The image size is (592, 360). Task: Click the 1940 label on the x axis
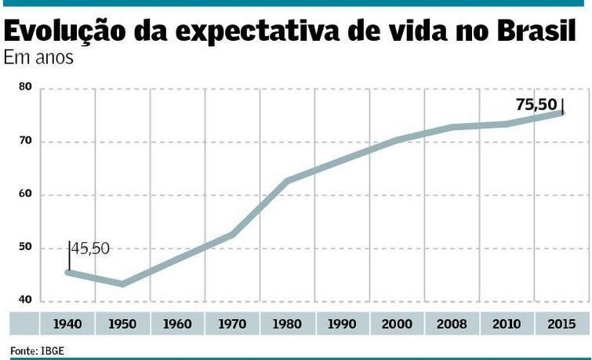(x=67, y=323)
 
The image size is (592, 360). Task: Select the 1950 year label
(x=122, y=323)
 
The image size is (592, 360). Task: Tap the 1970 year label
(x=232, y=323)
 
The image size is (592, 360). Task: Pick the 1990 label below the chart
(x=342, y=323)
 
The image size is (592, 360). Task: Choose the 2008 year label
(x=452, y=323)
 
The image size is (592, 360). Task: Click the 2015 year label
(x=561, y=323)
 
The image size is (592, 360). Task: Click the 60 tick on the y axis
(x=25, y=195)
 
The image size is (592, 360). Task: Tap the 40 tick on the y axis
(x=25, y=300)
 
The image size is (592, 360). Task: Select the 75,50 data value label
(x=536, y=104)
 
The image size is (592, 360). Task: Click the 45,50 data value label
(x=91, y=249)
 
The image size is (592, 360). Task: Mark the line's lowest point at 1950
(x=122, y=283)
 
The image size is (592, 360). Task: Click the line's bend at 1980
(x=287, y=180)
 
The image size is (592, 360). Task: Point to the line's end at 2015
(x=561, y=113)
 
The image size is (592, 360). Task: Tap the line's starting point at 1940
(x=68, y=271)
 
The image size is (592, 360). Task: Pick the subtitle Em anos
(x=38, y=58)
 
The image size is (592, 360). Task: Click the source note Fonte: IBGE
(x=37, y=350)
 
